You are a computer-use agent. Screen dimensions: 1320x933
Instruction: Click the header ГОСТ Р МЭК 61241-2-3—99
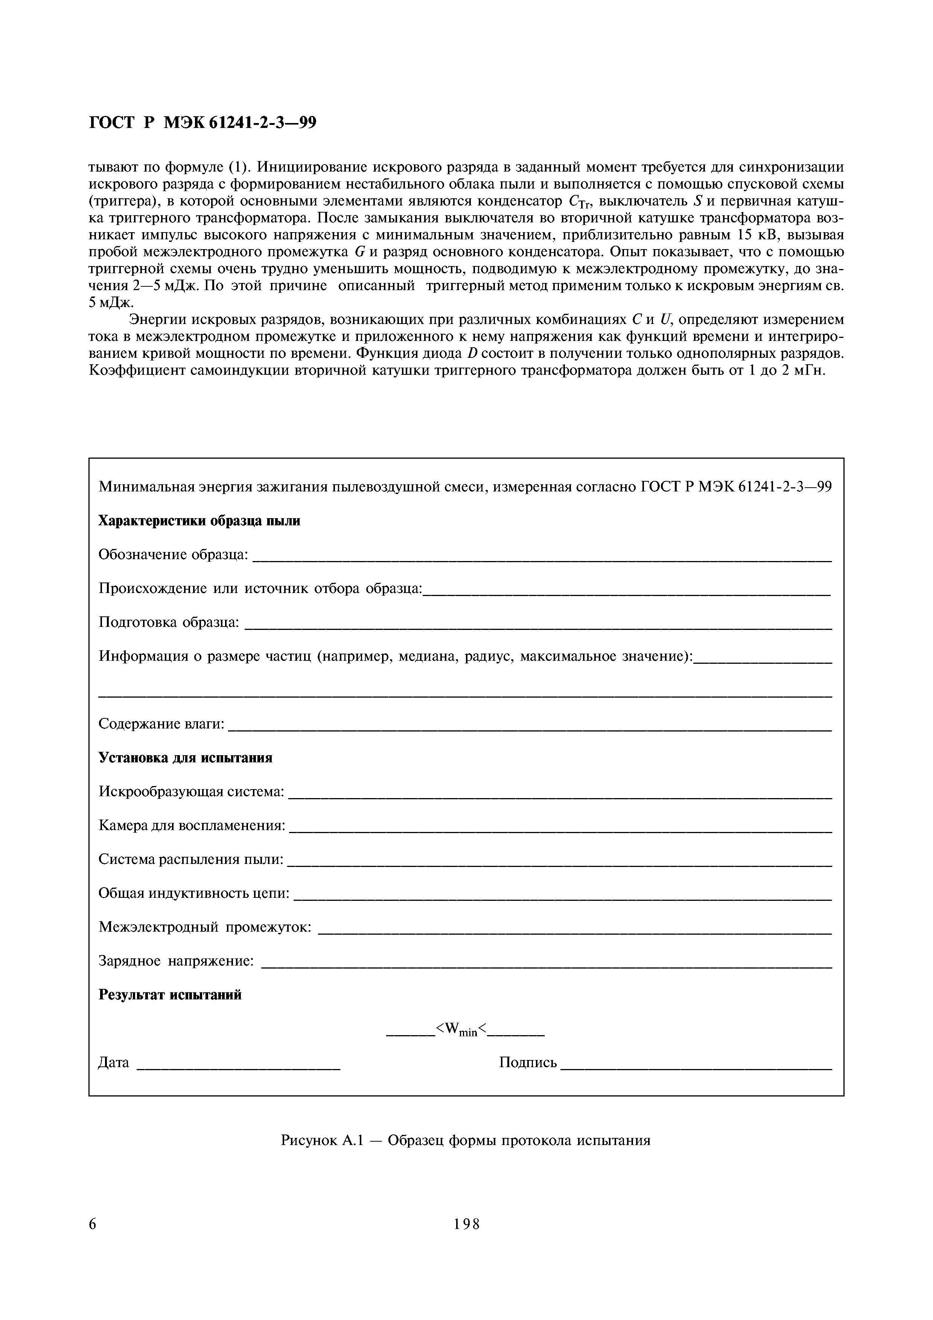(202, 122)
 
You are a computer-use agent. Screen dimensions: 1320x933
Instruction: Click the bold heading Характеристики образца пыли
(199, 521)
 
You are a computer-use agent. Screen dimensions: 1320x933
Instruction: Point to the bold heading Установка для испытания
(185, 758)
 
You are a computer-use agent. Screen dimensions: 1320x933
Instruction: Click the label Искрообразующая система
(192, 792)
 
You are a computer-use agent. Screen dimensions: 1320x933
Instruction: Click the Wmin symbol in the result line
(461, 1030)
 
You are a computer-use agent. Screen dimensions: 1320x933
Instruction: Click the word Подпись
(528, 1063)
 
